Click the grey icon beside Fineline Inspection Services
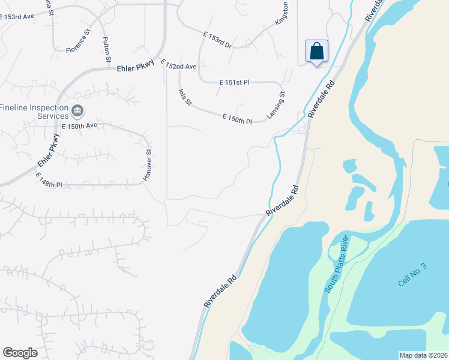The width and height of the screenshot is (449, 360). pos(77,111)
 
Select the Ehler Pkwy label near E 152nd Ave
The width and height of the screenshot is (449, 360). pos(136,68)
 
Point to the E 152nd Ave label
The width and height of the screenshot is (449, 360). pos(178,65)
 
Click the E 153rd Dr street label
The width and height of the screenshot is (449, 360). pos(217,40)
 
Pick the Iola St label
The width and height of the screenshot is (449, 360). pos(184,97)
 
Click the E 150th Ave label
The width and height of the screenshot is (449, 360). pos(79,125)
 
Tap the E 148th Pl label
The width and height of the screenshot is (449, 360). pos(49,181)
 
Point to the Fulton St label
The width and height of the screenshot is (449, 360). pos(107,49)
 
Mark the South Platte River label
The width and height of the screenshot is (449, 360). pos(337,263)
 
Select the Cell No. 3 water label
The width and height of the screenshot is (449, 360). pos(412,274)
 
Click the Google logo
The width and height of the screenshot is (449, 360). pos(20,353)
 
